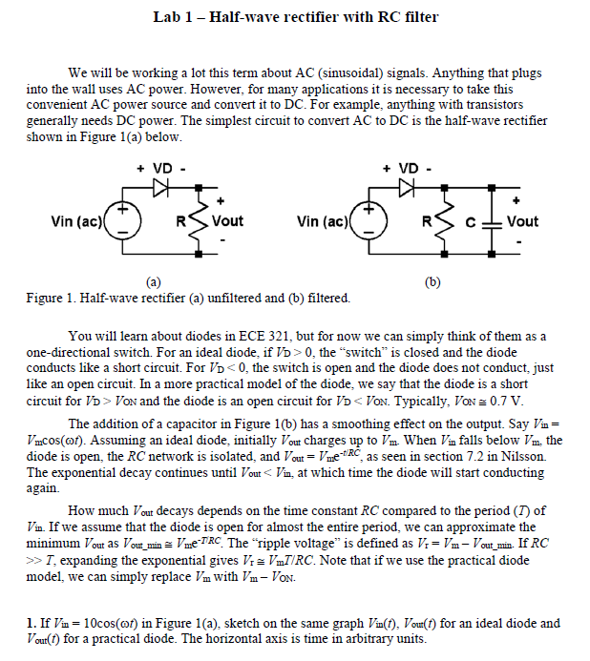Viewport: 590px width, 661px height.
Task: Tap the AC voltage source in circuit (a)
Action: click(x=123, y=222)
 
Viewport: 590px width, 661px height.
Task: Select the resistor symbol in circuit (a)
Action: click(x=199, y=222)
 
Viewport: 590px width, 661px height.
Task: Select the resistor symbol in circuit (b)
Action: click(x=446, y=222)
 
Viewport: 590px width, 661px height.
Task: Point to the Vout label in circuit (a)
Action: click(x=227, y=221)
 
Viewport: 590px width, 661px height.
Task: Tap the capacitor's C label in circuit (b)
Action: click(x=472, y=221)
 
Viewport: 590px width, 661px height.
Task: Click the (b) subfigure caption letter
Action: click(x=433, y=282)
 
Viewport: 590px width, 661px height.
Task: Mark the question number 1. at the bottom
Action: click(x=32, y=624)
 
